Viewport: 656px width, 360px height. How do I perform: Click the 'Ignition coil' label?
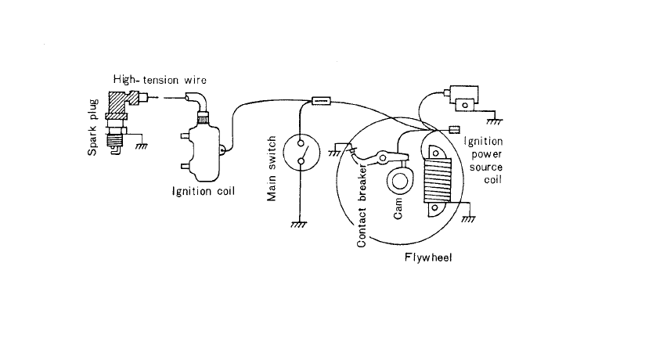(205, 190)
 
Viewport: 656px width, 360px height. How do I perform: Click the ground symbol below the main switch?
(298, 225)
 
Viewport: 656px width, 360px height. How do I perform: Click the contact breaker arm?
(390, 156)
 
